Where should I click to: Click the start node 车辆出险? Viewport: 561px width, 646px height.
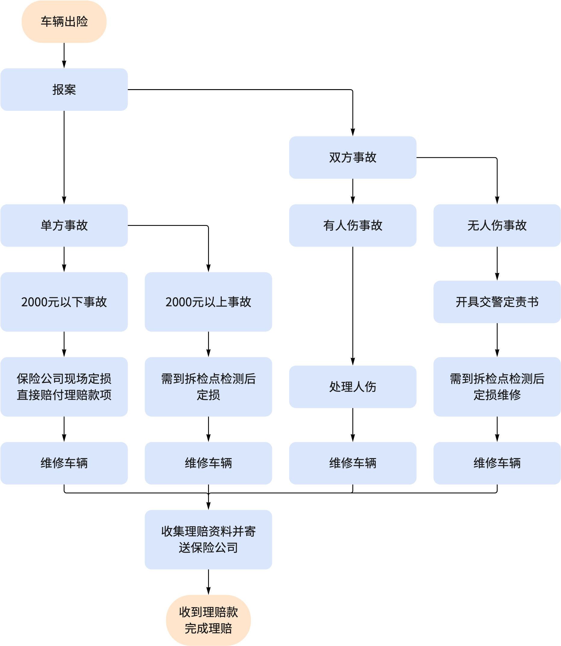[64, 22]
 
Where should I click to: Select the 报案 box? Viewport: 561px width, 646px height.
[64, 89]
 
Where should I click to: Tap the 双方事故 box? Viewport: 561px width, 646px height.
[353, 157]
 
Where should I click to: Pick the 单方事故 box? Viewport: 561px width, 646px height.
[64, 226]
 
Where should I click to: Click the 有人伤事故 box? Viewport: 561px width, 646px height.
[353, 226]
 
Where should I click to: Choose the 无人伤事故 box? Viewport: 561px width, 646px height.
[497, 226]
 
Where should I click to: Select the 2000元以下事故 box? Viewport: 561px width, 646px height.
[64, 302]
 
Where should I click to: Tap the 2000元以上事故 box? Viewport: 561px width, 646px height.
[208, 302]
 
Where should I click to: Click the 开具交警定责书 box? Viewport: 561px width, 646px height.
[497, 302]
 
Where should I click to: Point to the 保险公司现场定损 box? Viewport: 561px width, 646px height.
[64, 387]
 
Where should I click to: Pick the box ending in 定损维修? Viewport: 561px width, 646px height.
[497, 387]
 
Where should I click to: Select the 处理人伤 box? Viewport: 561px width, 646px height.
[353, 387]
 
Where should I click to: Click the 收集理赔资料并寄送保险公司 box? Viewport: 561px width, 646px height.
[208, 539]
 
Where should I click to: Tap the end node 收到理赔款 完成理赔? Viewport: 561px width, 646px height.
[208, 620]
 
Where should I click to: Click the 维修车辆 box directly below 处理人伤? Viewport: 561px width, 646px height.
[353, 463]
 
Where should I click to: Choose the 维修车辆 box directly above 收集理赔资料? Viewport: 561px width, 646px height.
[208, 463]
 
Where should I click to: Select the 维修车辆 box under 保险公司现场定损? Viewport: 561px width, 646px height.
[64, 463]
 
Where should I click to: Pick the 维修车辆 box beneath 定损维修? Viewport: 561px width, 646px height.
[497, 463]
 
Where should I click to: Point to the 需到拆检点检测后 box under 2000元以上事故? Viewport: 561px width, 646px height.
[208, 387]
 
